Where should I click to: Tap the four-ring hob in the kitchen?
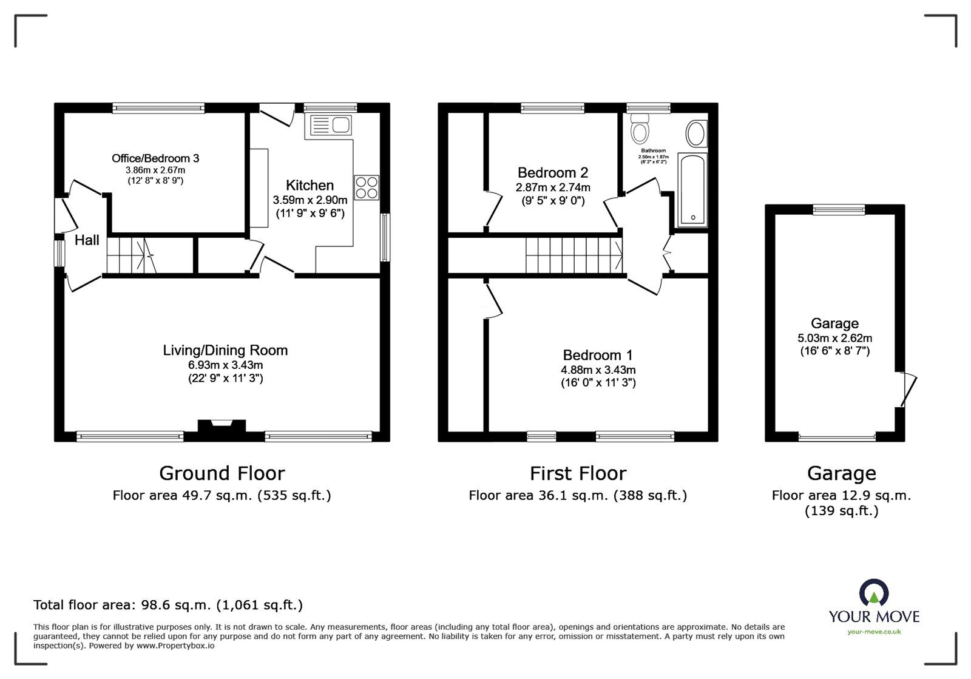click(367, 187)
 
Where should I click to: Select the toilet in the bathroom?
click(639, 130)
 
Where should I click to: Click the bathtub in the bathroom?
click(691, 189)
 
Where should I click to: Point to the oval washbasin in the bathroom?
click(696, 133)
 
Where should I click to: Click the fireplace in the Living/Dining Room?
click(222, 427)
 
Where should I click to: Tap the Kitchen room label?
click(310, 185)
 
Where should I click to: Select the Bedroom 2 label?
click(552, 172)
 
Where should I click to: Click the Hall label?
click(87, 240)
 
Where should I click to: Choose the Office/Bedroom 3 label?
click(155, 158)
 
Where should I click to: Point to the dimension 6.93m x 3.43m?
click(225, 365)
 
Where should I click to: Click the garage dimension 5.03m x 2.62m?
click(834, 338)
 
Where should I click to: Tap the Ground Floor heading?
click(222, 473)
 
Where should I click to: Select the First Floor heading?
click(577, 473)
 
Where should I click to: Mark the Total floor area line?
click(168, 605)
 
